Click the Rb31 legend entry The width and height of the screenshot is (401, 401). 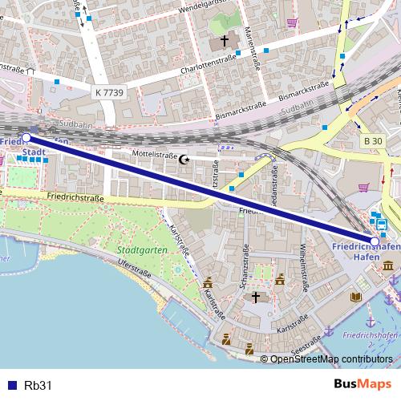pos(38,385)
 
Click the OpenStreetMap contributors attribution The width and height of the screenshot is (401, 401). pos(331,358)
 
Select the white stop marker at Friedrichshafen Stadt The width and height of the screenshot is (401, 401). pos(26,138)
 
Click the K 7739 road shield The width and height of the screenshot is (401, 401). pos(109,93)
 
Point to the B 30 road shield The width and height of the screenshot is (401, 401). pos(372,141)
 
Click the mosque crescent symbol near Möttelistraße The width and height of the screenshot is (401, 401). pos(185,160)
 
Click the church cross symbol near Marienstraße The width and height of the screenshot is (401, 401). pos(225,40)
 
